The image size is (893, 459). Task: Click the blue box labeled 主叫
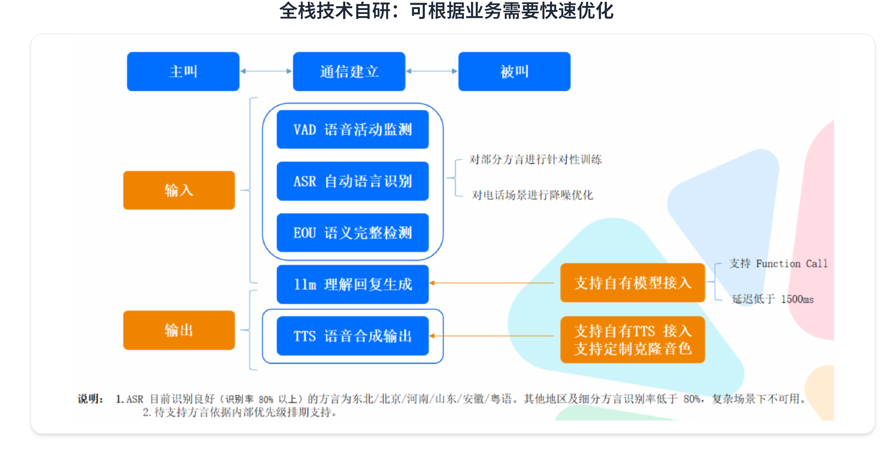point(183,71)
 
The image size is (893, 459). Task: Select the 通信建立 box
point(349,71)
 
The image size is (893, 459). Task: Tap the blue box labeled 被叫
point(514,71)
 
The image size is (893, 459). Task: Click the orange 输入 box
point(179,190)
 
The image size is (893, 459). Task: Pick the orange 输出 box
point(179,330)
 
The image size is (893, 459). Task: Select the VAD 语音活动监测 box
point(353,129)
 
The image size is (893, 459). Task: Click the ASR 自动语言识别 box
point(353,181)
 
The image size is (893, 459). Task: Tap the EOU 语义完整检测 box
point(353,233)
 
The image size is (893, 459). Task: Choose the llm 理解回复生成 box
point(353,284)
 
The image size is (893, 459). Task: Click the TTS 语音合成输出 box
point(353,336)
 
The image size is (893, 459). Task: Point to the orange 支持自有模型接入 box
point(633,283)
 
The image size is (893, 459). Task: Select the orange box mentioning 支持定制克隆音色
point(633,340)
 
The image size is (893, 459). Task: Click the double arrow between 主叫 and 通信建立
point(266,71)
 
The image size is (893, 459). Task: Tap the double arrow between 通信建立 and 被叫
point(432,71)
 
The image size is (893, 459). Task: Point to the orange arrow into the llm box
point(491,283)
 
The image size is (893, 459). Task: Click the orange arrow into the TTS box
point(491,336)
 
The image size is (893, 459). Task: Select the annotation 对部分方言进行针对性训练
point(535,159)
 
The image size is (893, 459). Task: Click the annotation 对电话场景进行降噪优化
point(532,195)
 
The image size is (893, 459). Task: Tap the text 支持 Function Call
point(778,264)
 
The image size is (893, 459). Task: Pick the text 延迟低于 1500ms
point(773,299)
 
